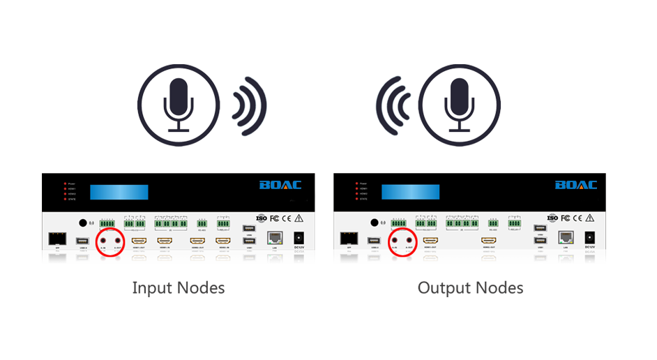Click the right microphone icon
tap(458, 104)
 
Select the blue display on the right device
tap(410, 190)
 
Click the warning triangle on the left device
tap(301, 218)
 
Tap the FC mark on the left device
tap(275, 218)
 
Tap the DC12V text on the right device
tap(590, 247)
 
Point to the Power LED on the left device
tap(63, 184)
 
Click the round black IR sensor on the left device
tap(83, 223)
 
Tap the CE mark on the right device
tap(580, 218)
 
